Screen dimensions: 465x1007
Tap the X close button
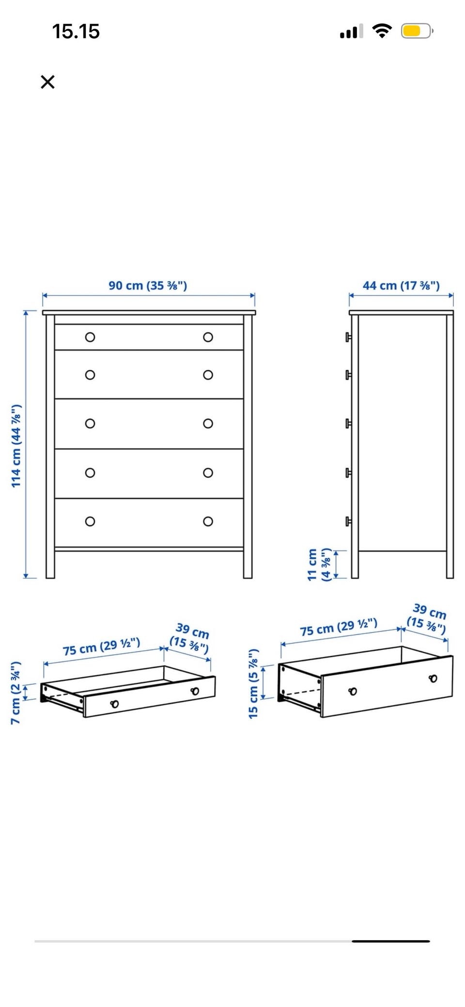pyautogui.click(x=47, y=82)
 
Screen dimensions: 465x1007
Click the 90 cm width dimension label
pyautogui.click(x=148, y=285)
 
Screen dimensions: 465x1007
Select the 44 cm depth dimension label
pyautogui.click(x=401, y=285)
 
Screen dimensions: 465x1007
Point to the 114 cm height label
pyautogui.click(x=16, y=446)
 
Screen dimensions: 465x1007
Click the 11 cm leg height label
pyautogui.click(x=319, y=565)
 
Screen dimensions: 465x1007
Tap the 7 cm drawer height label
pyautogui.click(x=15, y=693)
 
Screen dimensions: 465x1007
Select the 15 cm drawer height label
pyautogui.click(x=253, y=684)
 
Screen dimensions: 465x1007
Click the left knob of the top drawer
pyautogui.click(x=90, y=337)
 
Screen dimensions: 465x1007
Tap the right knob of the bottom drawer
pyautogui.click(x=208, y=521)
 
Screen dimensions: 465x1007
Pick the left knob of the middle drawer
pyautogui.click(x=90, y=424)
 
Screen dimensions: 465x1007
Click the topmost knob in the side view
pyautogui.click(x=348, y=337)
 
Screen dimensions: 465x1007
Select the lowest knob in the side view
pyautogui.click(x=348, y=521)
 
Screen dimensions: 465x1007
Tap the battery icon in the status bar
pyautogui.click(x=417, y=31)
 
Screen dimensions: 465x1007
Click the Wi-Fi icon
pyautogui.click(x=382, y=31)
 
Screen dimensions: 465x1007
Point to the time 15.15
pyautogui.click(x=76, y=31)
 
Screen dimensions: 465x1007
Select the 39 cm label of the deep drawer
pyautogui.click(x=427, y=618)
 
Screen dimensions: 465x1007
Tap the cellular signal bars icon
pyautogui.click(x=352, y=31)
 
